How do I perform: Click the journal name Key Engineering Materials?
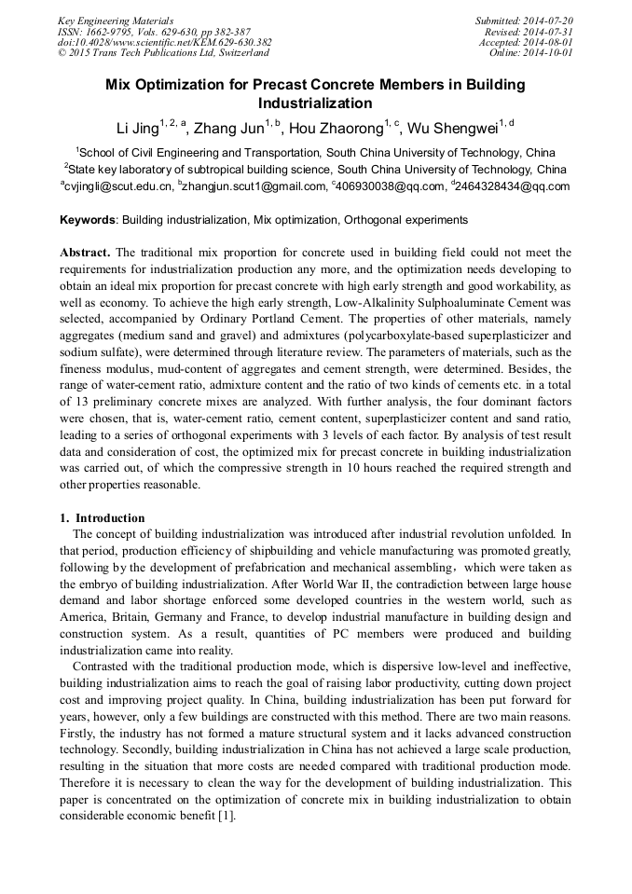click(x=116, y=20)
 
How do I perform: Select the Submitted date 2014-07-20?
click(x=550, y=20)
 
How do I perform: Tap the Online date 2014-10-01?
click(x=550, y=53)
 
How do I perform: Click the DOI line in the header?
click(x=164, y=42)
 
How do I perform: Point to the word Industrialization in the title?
click(x=315, y=103)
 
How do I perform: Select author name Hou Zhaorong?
click(x=338, y=129)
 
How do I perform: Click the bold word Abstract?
click(x=85, y=253)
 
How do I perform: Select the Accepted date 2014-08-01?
click(x=550, y=42)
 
